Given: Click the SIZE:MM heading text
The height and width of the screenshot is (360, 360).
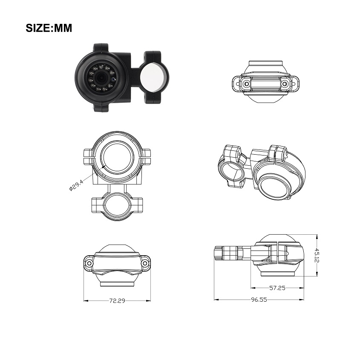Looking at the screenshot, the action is (49, 28).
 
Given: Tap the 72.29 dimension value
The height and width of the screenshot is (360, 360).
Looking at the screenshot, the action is (117, 301).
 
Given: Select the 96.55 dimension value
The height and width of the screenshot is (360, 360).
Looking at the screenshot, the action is (259, 300).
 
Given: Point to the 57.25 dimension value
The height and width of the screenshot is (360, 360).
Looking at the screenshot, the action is (277, 288).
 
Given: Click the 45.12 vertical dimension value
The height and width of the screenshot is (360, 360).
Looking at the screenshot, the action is (317, 255).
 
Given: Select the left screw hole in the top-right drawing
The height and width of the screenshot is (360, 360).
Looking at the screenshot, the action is (247, 84).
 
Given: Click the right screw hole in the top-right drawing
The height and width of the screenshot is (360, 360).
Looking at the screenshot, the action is (285, 84).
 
